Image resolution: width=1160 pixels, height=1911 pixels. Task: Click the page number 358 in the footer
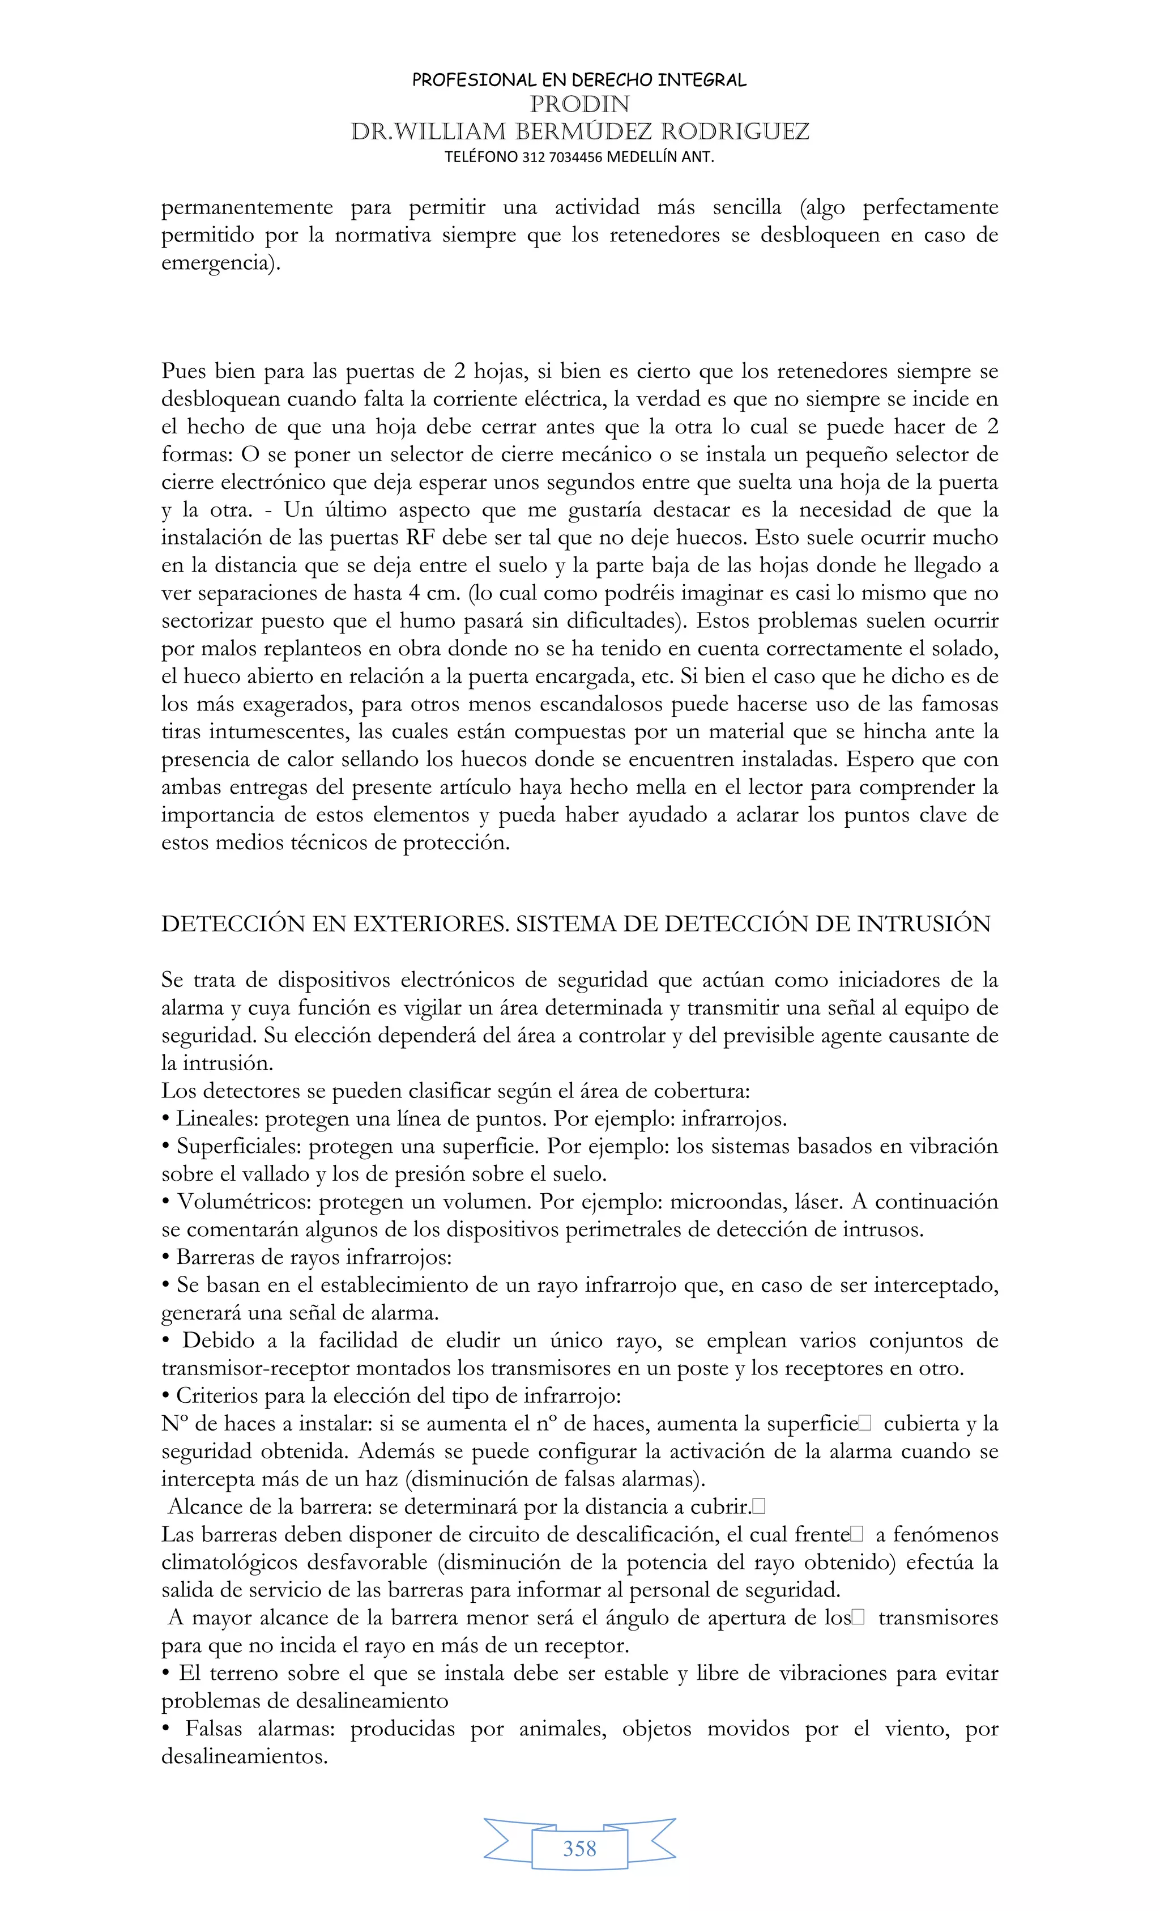pos(579,1849)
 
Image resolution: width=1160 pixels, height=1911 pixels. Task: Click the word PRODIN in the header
pos(579,104)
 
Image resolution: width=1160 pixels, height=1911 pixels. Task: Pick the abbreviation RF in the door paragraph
pos(420,538)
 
